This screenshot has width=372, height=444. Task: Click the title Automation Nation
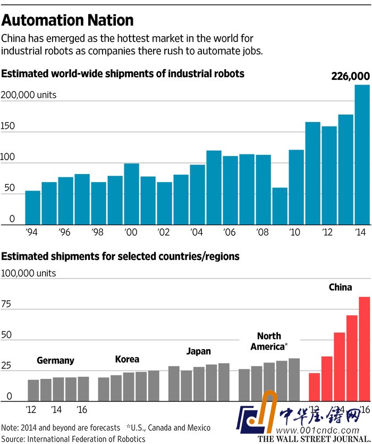pyautogui.click(x=67, y=21)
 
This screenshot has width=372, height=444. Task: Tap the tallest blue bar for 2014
pyautogui.click(x=362, y=154)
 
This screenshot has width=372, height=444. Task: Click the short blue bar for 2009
pyautogui.click(x=280, y=206)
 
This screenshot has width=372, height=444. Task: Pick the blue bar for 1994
pyautogui.click(x=33, y=208)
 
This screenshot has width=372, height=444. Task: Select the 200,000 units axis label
pyautogui.click(x=29, y=95)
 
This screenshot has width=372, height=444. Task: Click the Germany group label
pyautogui.click(x=55, y=360)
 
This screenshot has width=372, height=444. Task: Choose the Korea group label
pyautogui.click(x=128, y=359)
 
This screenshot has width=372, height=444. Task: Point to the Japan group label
pyautogui.click(x=198, y=351)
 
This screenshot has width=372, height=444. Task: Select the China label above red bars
pyautogui.click(x=340, y=287)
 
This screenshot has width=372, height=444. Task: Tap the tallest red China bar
pyautogui.click(x=364, y=349)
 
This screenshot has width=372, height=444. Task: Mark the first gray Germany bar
pyautogui.click(x=33, y=390)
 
